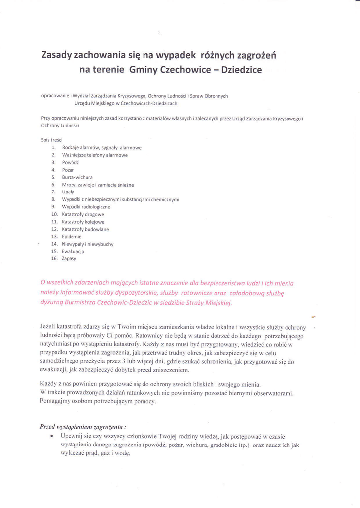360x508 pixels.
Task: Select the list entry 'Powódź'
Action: pos(71,162)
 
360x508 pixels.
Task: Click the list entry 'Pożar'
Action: pos(68,169)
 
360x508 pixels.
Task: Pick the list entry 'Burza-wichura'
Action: pos(77,177)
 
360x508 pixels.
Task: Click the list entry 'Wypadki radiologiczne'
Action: pos(86,206)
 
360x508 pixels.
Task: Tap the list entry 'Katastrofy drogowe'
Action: pos(82,214)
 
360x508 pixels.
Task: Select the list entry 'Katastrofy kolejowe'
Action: pos(82,222)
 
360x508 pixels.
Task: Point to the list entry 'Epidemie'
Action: pos(72,237)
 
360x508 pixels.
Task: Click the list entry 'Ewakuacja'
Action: pos(72,251)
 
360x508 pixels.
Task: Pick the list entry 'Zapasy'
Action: pos(69,258)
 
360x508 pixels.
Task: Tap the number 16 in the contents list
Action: pos(54,258)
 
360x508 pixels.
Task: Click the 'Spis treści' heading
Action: pos(51,140)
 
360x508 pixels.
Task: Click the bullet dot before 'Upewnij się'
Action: pos(51,435)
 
